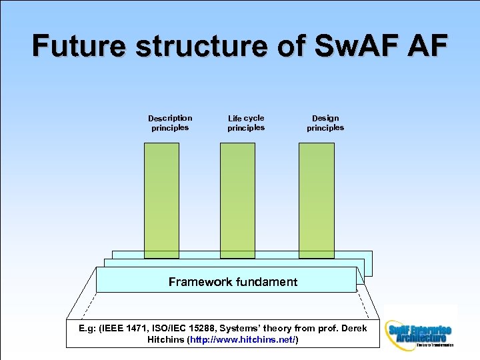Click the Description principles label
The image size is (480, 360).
pyautogui.click(x=170, y=123)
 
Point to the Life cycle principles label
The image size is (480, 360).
pyautogui.click(x=246, y=123)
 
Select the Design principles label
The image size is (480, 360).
pyautogui.click(x=325, y=123)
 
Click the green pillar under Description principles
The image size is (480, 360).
pyautogui.click(x=162, y=200)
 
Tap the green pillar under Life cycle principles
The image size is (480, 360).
pyautogui.click(x=238, y=200)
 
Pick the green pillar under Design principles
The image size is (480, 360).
pyautogui.click(x=317, y=200)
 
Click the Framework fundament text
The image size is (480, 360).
pyautogui.click(x=233, y=282)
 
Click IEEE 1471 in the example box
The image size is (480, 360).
pyautogui.click(x=124, y=329)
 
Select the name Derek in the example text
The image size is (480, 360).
pyautogui.click(x=352, y=329)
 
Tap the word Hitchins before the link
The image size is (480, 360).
pyautogui.click(x=167, y=340)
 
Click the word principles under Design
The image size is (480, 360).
pyautogui.click(x=325, y=128)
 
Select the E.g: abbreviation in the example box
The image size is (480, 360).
pyautogui.click(x=87, y=329)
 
